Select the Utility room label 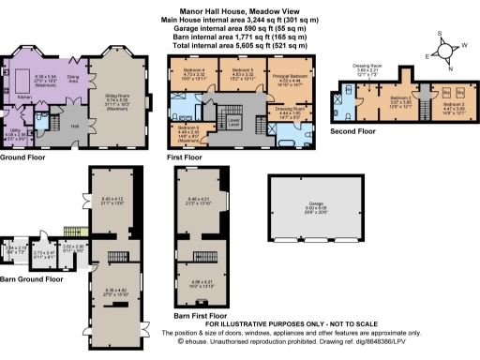coord(11,130)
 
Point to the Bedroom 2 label coord(401,97)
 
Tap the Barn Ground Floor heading coord(32,278)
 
